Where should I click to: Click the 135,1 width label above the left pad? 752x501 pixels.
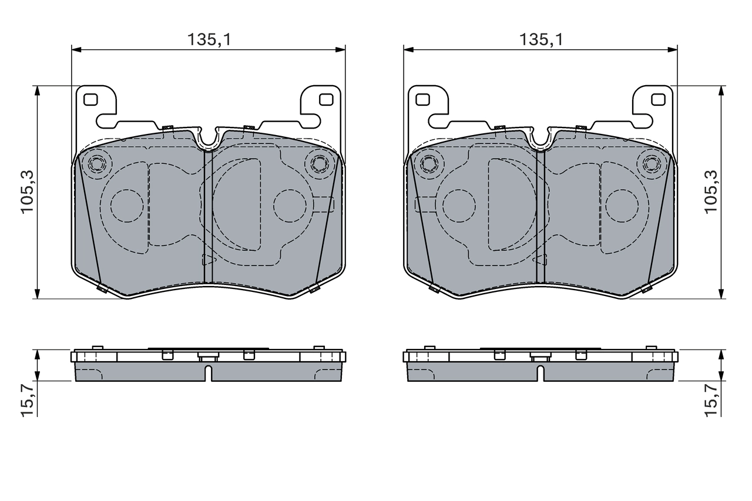pos(208,39)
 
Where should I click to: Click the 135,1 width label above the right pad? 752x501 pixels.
pos(540,39)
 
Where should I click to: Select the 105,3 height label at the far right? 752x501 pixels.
pos(712,191)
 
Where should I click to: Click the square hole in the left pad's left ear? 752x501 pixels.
pos(90,99)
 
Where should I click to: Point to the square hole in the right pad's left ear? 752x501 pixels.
pos(422,99)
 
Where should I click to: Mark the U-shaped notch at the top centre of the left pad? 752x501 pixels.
pos(208,139)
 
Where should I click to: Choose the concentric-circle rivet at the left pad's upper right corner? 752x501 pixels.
pos(320,163)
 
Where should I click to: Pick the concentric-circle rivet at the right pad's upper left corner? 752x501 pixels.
pos(429,163)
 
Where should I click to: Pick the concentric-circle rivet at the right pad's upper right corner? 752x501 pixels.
pos(652,163)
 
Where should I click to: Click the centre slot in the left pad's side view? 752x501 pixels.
pos(208,372)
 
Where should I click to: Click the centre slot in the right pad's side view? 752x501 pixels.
pos(540,372)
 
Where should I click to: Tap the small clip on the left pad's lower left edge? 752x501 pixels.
pos(102,288)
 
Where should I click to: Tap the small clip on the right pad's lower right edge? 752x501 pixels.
pos(647,288)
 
